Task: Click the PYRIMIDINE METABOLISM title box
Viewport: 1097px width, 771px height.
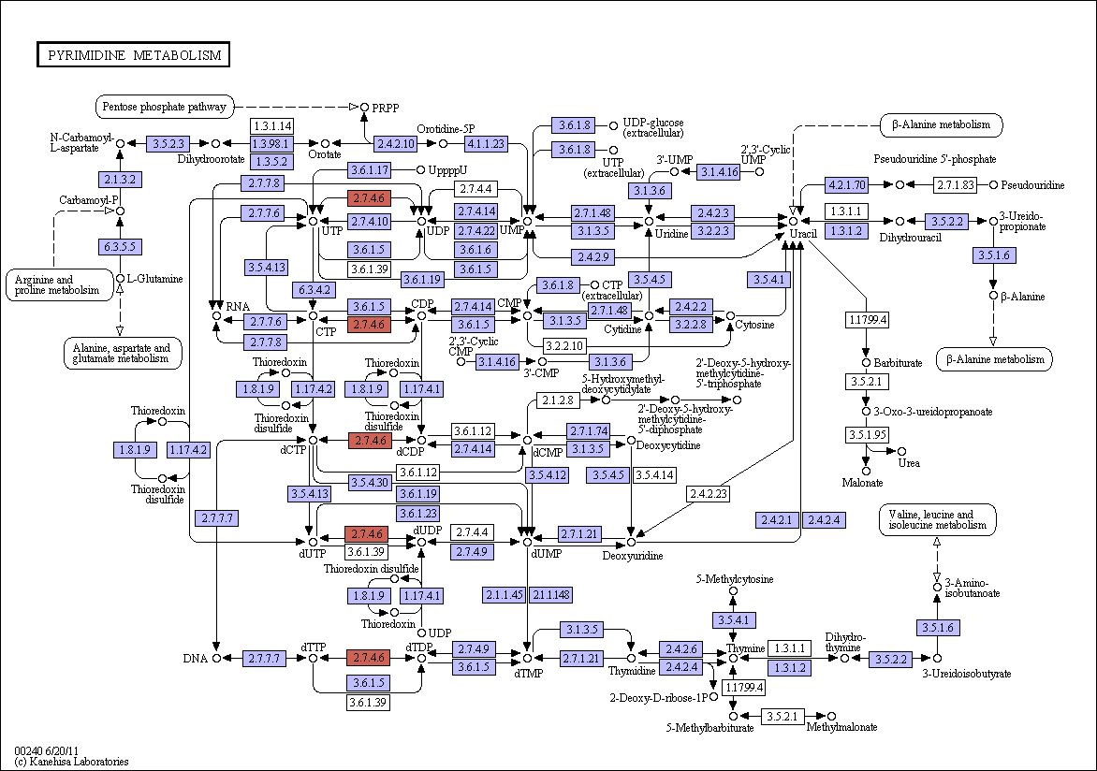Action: (x=133, y=54)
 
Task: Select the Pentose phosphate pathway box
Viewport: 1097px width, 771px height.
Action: (x=165, y=107)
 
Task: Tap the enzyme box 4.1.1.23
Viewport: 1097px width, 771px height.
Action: (x=486, y=143)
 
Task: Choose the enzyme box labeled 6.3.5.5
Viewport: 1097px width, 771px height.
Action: (x=121, y=246)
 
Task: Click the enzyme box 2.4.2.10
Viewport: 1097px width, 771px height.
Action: (x=395, y=143)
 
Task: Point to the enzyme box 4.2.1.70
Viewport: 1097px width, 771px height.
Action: (x=846, y=184)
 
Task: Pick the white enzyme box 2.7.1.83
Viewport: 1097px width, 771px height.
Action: (x=955, y=184)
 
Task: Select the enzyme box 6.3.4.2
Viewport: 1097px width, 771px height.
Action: (x=314, y=289)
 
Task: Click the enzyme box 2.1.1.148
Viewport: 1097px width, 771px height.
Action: (x=551, y=595)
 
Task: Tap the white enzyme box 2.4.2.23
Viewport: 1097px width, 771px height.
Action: (x=708, y=493)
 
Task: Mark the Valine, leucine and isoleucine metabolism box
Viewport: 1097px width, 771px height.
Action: (x=938, y=519)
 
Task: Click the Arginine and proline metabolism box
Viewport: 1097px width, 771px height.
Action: (x=59, y=284)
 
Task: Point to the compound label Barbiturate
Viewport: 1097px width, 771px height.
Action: (x=898, y=362)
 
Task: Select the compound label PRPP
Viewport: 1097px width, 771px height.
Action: (x=386, y=108)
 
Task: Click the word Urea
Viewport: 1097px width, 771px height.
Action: (x=909, y=462)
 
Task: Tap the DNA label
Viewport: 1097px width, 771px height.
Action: (x=196, y=659)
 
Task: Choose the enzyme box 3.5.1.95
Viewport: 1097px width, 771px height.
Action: (x=866, y=434)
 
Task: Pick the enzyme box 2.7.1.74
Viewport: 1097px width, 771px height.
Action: (x=589, y=430)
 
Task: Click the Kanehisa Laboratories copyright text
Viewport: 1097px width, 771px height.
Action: (x=71, y=762)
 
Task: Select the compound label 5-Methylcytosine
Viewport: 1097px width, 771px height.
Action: (x=734, y=578)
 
